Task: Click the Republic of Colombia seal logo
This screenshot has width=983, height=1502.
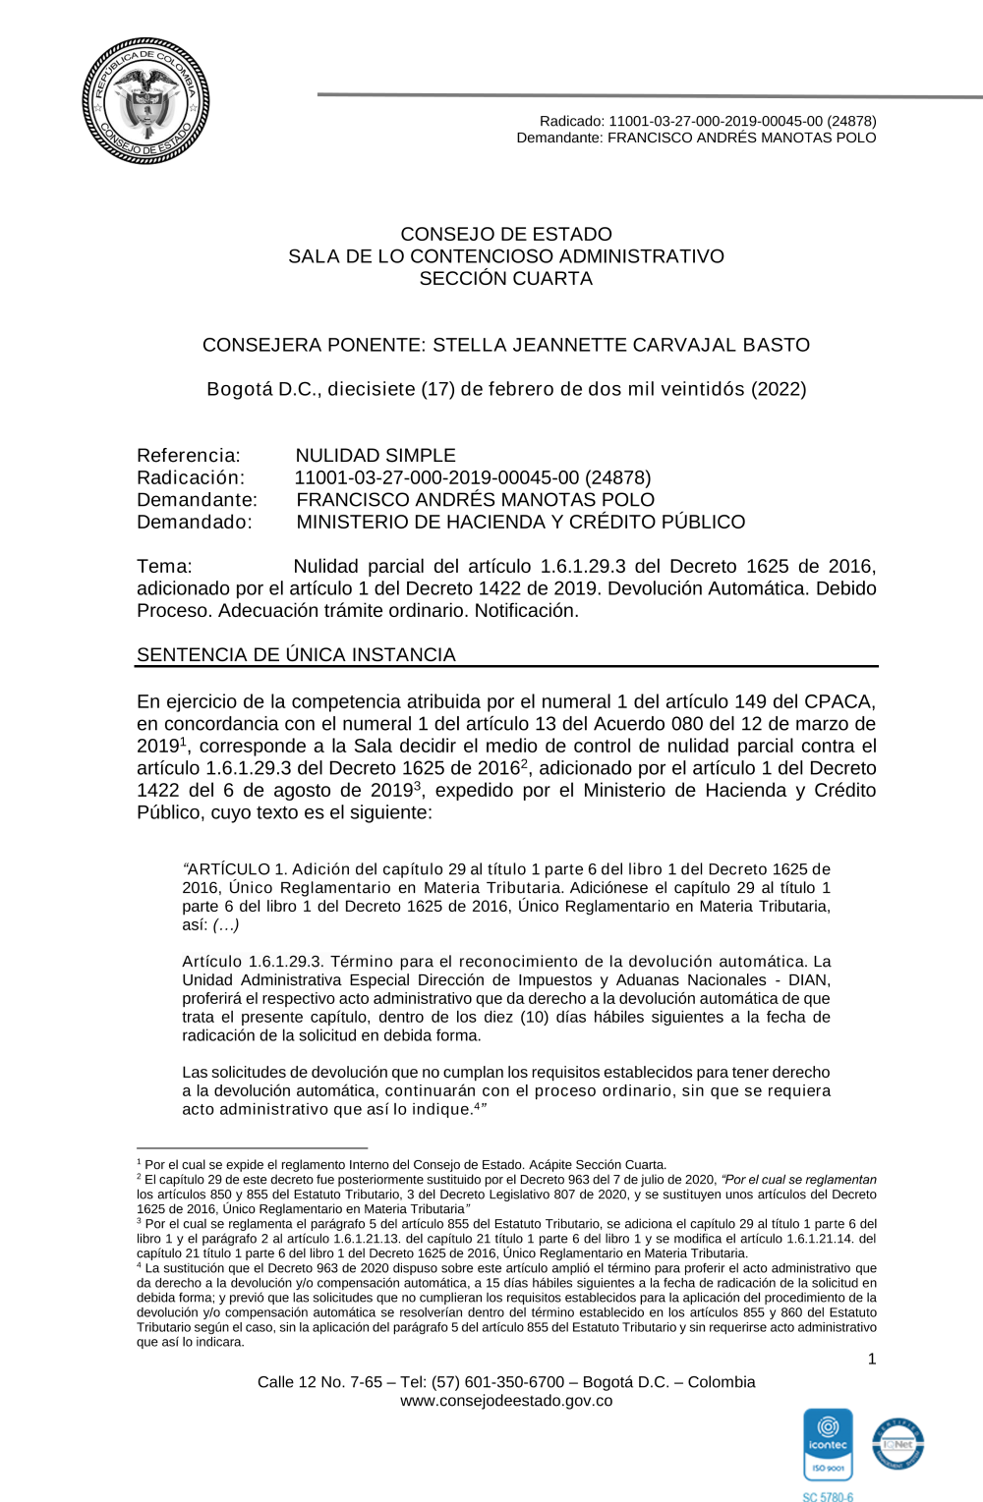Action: [x=145, y=101]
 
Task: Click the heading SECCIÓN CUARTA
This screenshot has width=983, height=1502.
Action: [x=505, y=279]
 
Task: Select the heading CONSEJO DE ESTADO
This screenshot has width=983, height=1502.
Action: [x=505, y=235]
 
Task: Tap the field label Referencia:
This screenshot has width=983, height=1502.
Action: [x=189, y=456]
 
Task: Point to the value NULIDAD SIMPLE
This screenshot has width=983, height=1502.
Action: [x=376, y=456]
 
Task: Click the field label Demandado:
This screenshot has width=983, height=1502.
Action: [x=195, y=523]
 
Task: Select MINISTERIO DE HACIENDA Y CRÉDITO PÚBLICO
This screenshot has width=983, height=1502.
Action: [x=520, y=523]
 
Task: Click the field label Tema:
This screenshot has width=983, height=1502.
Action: [x=164, y=567]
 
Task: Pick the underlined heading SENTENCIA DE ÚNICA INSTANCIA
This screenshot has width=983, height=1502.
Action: [x=296, y=655]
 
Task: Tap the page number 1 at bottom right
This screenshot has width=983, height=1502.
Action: [x=871, y=1360]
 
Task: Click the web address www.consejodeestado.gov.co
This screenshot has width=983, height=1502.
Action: [x=505, y=1401]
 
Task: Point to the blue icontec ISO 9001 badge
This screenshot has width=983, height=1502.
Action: [x=828, y=1444]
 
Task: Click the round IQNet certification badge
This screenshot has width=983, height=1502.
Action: [x=897, y=1444]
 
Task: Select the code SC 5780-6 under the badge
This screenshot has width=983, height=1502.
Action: [x=828, y=1497]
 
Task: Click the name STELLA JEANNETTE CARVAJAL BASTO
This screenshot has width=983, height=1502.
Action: [x=621, y=346]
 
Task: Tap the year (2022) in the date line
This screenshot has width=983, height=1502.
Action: [x=779, y=389]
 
